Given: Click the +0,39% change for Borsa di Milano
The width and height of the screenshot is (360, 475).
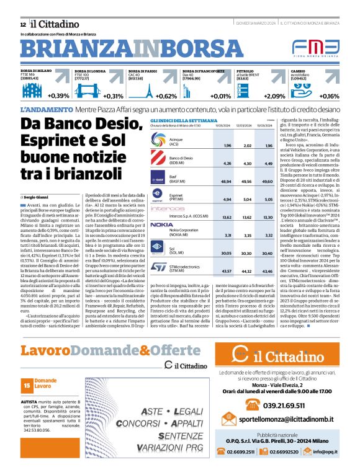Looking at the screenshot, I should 58,96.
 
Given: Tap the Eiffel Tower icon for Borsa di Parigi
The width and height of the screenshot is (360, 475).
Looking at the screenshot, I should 148,91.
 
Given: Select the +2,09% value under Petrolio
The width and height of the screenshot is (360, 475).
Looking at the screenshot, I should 274,96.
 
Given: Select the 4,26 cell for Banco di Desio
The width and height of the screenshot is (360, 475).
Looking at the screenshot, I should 227,163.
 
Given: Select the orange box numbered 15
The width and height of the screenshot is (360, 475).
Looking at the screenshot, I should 26,386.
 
